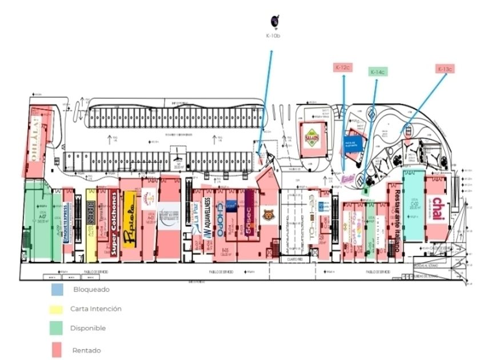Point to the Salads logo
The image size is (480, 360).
[x=311, y=137]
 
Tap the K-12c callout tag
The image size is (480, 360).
[x=342, y=67]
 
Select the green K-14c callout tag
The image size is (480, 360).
[x=377, y=72]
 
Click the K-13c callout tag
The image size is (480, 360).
[x=445, y=69]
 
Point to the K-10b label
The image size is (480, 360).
[x=273, y=36]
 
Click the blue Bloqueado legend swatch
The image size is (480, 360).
[x=57, y=289]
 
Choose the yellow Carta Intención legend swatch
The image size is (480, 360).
[x=57, y=309]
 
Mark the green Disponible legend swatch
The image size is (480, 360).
[x=57, y=329]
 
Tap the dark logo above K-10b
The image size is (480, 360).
[x=274, y=21]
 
